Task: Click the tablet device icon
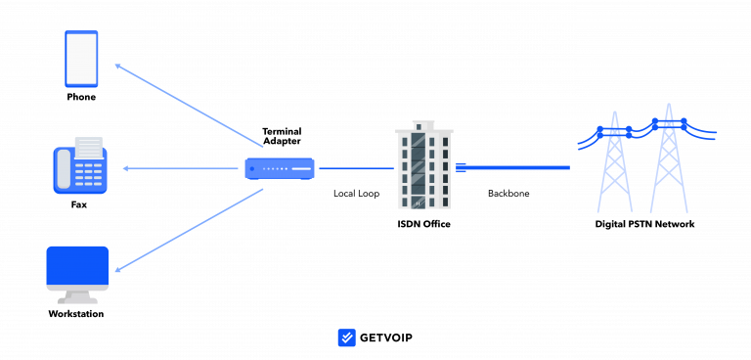(81, 59)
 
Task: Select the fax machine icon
(80, 168)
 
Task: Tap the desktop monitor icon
(77, 274)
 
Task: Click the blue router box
(280, 168)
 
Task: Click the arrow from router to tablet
(189, 106)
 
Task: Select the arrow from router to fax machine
(181, 168)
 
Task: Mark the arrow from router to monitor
(189, 230)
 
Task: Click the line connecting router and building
(355, 168)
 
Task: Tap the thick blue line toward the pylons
(518, 167)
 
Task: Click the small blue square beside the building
(461, 167)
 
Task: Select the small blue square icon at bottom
(346, 337)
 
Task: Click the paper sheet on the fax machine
(88, 147)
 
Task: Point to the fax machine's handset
(64, 169)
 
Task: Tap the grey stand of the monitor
(77, 296)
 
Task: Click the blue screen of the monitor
(77, 265)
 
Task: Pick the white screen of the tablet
(81, 59)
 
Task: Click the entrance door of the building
(419, 202)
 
